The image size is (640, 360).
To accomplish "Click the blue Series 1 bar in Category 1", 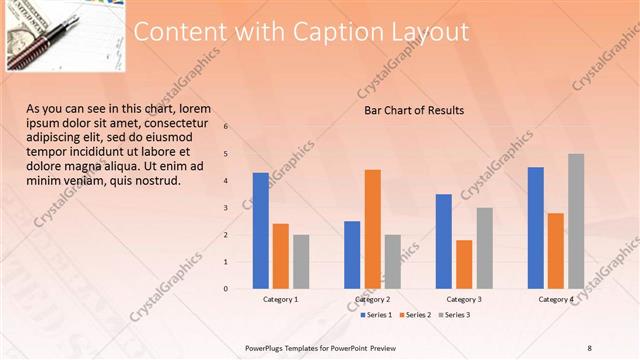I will pos(261,231).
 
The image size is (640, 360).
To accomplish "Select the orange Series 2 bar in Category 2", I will pos(372,229).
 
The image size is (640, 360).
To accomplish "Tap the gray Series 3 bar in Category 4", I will pos(576,221).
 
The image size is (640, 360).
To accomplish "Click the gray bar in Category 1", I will pos(301,262).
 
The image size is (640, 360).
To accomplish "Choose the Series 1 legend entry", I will pos(375,315).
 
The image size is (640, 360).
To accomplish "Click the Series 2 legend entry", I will pos(415,315).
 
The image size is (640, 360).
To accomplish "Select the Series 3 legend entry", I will pos(455,315).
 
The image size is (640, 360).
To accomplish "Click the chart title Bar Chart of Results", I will pos(413,111).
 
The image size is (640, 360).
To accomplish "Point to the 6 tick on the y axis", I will pos(226,127).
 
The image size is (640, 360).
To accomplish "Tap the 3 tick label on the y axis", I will pos(226,208).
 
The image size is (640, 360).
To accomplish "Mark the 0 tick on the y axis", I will pos(226,289).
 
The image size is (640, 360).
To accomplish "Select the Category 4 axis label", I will pos(556,300).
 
